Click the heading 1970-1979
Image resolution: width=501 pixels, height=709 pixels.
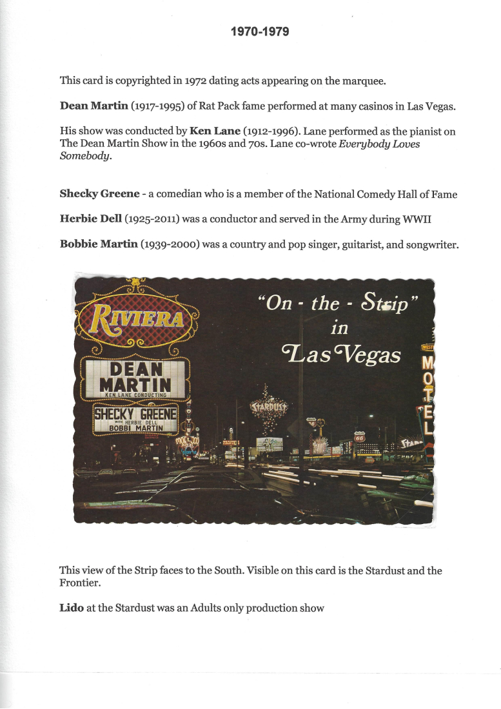pyautogui.click(x=260, y=31)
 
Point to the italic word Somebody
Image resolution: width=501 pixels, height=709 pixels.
pyautogui.click(x=84, y=156)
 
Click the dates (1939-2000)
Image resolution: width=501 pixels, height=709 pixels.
pyautogui.click(x=170, y=244)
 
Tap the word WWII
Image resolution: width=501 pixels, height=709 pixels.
pyautogui.click(x=420, y=219)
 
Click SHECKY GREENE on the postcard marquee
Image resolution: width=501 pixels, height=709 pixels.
pyautogui.click(x=135, y=413)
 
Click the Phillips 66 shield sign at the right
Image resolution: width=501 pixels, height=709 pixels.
pyautogui.click(x=360, y=436)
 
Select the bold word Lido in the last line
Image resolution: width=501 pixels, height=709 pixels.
pyautogui.click(x=71, y=608)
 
